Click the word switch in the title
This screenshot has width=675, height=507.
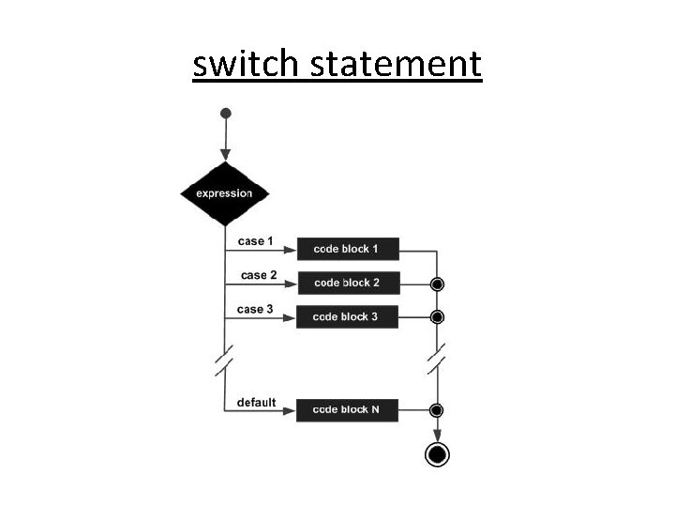(x=246, y=64)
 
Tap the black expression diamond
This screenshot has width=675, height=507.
(x=224, y=193)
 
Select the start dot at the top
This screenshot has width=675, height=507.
(x=224, y=114)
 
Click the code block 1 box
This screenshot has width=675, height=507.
(x=348, y=249)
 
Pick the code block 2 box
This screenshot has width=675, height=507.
(x=348, y=283)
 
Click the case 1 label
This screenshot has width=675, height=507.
(x=254, y=241)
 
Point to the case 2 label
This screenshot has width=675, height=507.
(x=259, y=275)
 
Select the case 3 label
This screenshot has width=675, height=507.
(x=256, y=309)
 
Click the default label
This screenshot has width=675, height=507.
(x=256, y=403)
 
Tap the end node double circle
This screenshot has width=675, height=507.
(x=436, y=454)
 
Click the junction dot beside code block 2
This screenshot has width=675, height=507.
(x=436, y=283)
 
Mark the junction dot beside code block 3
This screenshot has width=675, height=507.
(x=436, y=316)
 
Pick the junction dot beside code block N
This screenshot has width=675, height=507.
(x=436, y=409)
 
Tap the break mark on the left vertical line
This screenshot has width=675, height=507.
(x=224, y=361)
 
